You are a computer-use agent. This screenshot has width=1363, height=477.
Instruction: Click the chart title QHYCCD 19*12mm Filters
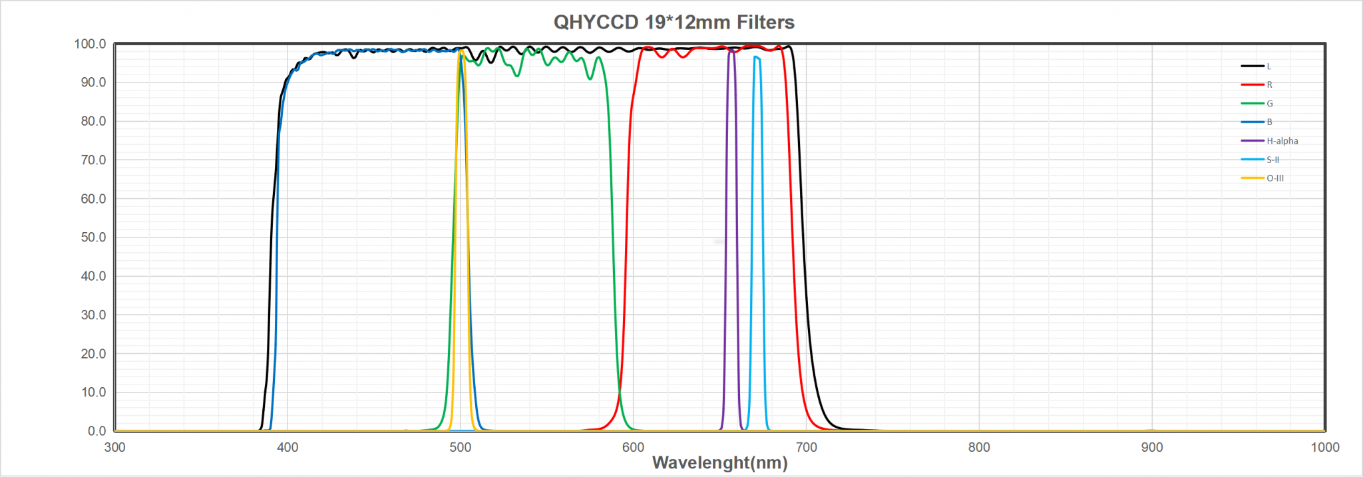(x=674, y=22)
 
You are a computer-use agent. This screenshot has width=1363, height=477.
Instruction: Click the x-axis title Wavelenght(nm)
(x=719, y=462)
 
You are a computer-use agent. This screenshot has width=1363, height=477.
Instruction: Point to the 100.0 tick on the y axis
(x=90, y=44)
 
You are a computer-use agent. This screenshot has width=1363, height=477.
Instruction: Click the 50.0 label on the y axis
(x=93, y=238)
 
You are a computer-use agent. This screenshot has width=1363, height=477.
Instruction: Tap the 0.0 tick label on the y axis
(x=97, y=431)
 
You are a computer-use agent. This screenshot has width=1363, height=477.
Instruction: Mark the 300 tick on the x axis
(x=114, y=447)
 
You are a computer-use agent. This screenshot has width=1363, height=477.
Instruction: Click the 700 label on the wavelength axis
(x=806, y=447)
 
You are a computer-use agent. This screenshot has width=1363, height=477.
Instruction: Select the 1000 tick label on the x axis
(x=1324, y=447)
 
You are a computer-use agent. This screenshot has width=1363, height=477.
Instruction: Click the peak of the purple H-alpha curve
(x=731, y=49)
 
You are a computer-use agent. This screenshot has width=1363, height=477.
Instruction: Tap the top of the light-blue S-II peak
(x=756, y=57)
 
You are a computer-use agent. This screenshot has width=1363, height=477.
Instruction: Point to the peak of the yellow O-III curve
(x=461, y=50)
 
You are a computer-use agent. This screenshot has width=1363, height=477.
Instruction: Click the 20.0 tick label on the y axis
(x=93, y=354)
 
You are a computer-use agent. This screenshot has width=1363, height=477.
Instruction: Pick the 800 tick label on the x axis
(x=979, y=447)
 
